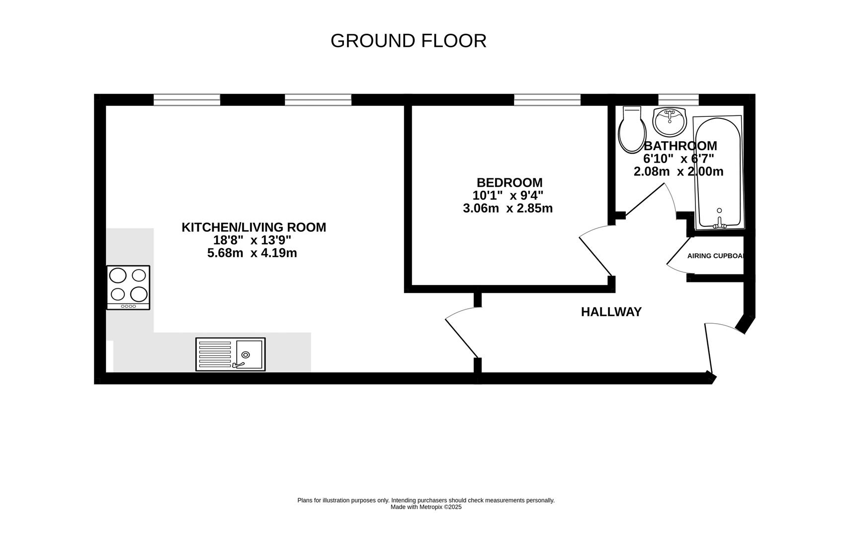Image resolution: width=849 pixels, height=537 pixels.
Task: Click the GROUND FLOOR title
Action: (408, 41)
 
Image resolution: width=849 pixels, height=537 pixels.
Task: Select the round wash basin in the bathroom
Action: (669, 122)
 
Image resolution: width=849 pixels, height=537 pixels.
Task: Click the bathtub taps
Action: (719, 223)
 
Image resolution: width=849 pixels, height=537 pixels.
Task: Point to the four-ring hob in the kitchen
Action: (128, 287)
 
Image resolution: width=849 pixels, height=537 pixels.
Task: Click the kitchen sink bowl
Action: (249, 354)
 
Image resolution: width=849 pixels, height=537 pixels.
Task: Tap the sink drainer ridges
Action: (215, 354)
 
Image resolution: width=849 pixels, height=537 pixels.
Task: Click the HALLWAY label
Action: (611, 312)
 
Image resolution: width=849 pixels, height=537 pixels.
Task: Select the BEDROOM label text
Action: (509, 182)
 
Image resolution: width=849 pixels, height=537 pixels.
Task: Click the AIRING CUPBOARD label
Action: (715, 256)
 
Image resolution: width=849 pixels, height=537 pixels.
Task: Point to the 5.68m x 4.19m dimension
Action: (252, 253)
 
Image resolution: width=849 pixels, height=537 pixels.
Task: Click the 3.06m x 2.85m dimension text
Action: (508, 208)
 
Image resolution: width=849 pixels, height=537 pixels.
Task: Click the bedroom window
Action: (547, 100)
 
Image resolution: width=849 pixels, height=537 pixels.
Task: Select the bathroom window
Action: (678, 99)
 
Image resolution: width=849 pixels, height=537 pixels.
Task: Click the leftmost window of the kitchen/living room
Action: (186, 100)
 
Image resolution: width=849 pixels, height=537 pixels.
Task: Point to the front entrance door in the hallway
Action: (710, 348)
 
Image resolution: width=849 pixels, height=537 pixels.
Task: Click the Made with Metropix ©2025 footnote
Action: (426, 507)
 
